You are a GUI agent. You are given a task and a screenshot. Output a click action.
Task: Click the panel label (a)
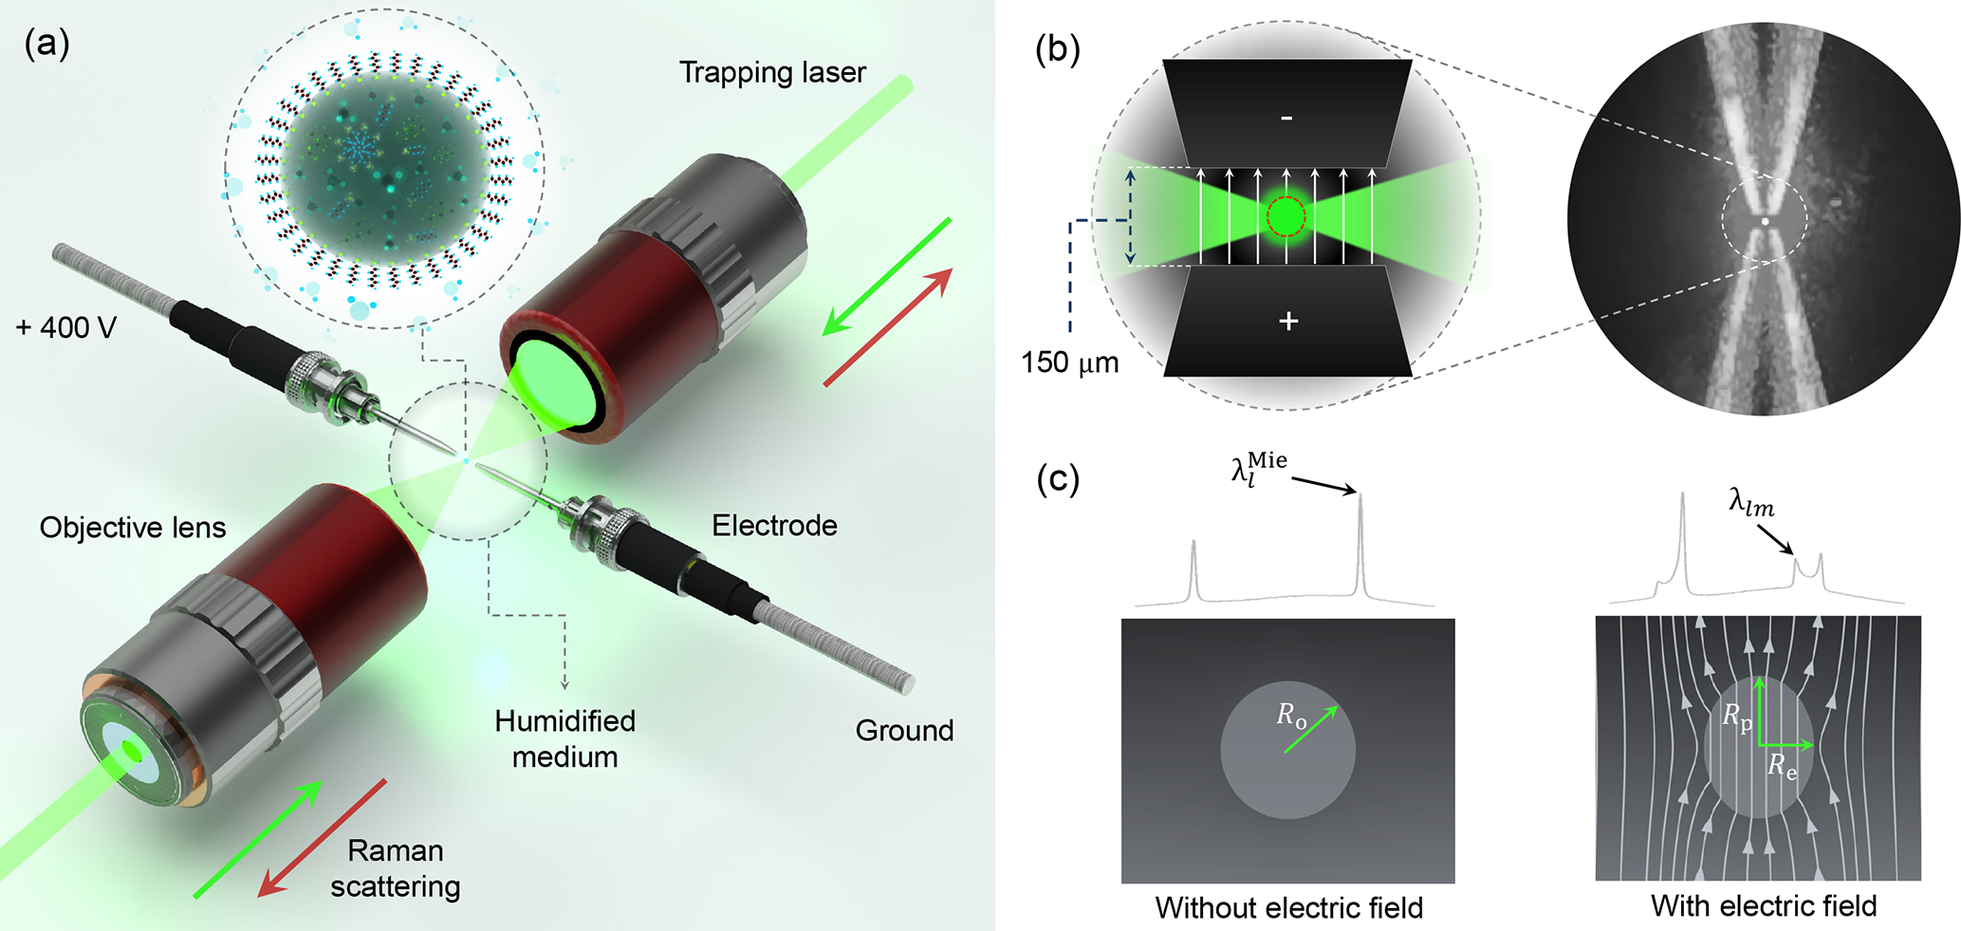(x=46, y=45)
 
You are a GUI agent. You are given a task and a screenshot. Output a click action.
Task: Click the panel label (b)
(x=1058, y=49)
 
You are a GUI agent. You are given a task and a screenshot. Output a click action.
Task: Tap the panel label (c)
(x=1058, y=479)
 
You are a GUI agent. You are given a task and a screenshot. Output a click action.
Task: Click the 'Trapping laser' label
(x=772, y=73)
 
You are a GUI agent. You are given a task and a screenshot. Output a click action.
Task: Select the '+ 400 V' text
(x=65, y=328)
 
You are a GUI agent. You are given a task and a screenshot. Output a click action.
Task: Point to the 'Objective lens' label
(x=133, y=528)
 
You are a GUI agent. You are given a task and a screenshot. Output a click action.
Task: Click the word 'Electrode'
(x=774, y=526)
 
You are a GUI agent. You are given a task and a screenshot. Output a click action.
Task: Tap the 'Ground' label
(x=904, y=731)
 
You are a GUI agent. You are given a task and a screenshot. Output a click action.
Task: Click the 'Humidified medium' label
(x=564, y=738)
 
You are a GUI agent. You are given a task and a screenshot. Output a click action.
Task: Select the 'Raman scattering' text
(x=396, y=868)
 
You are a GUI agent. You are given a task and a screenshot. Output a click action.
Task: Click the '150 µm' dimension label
(x=1069, y=363)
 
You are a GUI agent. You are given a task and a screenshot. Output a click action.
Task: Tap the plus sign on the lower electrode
(x=1287, y=321)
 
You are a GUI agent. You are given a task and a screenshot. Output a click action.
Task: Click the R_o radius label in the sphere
(x=1291, y=716)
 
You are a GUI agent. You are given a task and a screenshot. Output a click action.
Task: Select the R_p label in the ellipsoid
(x=1736, y=717)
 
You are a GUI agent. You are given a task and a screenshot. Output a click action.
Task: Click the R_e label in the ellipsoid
(x=1782, y=766)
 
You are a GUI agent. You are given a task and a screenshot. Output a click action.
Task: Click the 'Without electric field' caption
(x=1288, y=908)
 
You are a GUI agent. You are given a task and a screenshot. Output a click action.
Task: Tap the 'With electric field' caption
(x=1763, y=906)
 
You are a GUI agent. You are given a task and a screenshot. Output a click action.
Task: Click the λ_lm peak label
(x=1750, y=503)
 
